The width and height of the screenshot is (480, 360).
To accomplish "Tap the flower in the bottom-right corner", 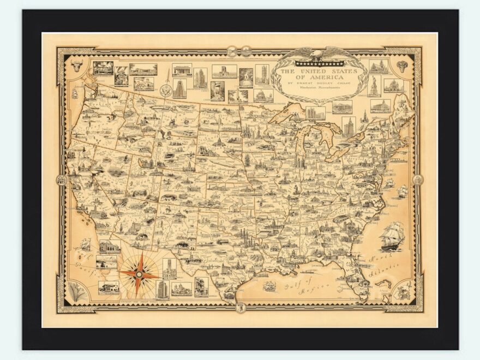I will coord(404,293).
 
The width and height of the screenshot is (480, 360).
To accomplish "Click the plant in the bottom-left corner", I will coord(78,293).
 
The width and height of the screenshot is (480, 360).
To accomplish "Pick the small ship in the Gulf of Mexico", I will coord(269,285).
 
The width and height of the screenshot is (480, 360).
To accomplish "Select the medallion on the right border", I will coord(418,179).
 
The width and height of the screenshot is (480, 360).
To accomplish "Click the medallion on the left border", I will coord(61,179).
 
